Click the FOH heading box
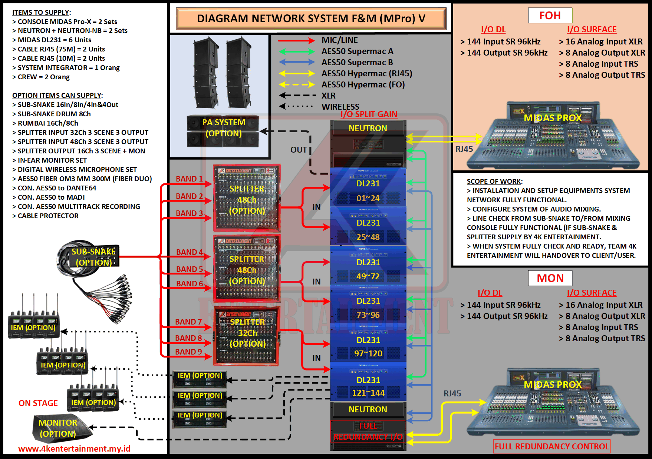(x=550, y=16)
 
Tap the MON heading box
(x=550, y=278)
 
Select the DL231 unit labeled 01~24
(x=368, y=191)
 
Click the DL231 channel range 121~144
(x=368, y=393)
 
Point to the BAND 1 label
(x=189, y=179)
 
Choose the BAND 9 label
(x=188, y=352)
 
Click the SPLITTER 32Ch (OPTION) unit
(x=247, y=335)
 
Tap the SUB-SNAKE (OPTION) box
(x=93, y=257)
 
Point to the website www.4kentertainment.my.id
(x=74, y=449)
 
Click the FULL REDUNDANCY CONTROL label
(x=552, y=446)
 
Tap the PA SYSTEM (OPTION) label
(x=224, y=128)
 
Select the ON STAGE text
(x=38, y=403)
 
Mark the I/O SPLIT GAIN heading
(x=369, y=114)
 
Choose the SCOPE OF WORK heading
(x=494, y=182)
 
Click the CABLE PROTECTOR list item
(x=48, y=216)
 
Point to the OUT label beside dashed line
(x=299, y=150)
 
